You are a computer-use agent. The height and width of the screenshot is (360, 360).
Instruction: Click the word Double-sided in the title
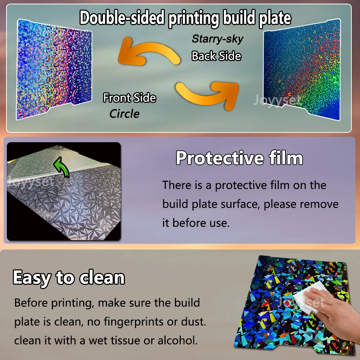122,18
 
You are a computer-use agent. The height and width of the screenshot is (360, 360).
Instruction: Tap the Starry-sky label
217,39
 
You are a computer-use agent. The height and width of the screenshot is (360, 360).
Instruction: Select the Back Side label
216,56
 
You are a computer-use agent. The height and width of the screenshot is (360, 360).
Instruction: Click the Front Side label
130,98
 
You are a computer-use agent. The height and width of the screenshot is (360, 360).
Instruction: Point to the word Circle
125,114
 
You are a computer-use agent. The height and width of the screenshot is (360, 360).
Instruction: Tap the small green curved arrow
62,167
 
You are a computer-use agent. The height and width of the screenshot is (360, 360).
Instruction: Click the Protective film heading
239,158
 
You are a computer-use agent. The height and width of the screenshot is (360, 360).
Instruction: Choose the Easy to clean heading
69,278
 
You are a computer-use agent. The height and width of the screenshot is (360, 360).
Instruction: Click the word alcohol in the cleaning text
177,340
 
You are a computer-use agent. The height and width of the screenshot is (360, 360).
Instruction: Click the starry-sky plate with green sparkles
302,70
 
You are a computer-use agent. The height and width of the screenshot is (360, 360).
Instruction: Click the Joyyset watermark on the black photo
31,181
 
